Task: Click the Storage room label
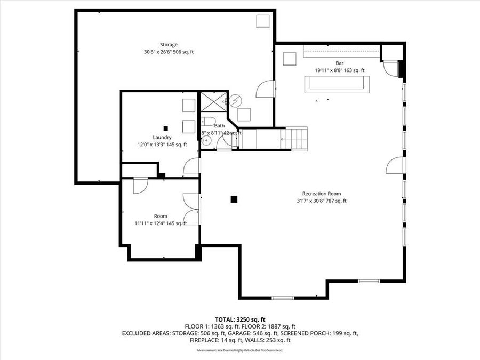168,45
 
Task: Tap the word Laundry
162,137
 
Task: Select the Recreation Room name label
321,194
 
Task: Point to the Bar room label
339,63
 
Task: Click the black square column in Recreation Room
234,199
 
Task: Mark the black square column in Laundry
166,128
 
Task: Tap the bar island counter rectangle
337,84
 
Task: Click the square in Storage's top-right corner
262,21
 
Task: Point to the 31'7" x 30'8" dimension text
321,201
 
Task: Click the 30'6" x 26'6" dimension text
168,52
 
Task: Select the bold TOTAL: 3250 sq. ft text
239,319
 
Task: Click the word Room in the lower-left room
161,216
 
